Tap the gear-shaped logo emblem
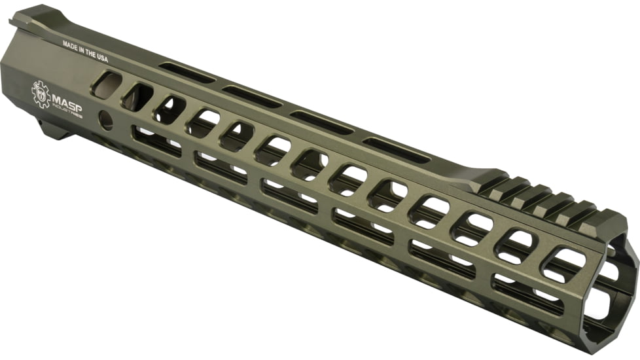[41, 93]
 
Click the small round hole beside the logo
[105, 119]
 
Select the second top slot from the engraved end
[252, 96]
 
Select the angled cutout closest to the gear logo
[107, 85]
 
